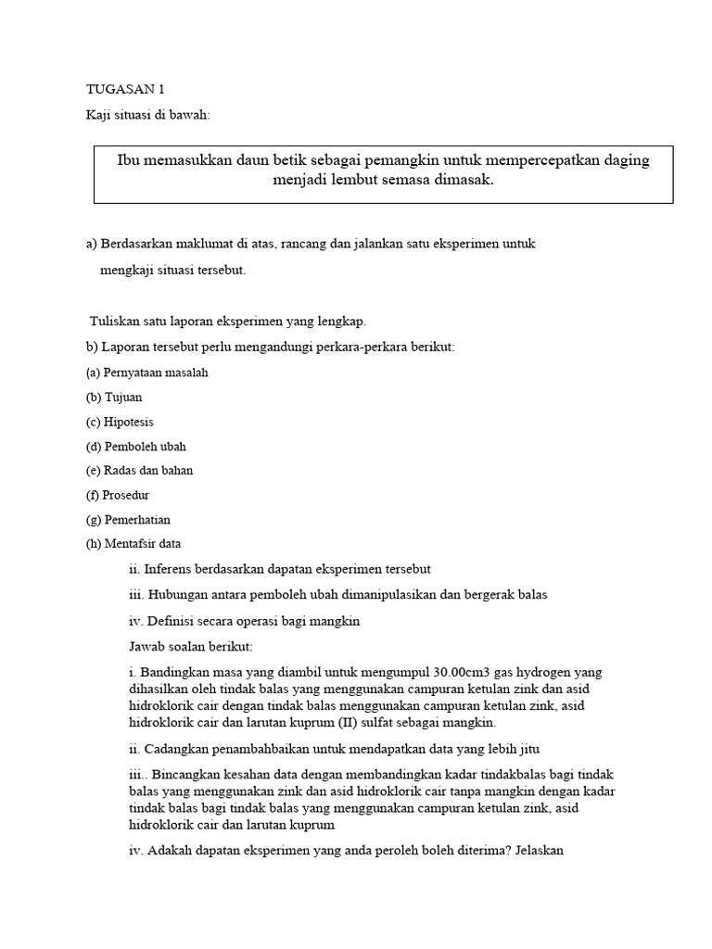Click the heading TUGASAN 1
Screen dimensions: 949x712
coord(124,90)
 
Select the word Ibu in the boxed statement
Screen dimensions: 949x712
coord(129,160)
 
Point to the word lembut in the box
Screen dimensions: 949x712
coord(370,180)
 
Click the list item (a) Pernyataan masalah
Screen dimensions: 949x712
coord(146,373)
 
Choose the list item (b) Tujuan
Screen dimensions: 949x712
coord(114,397)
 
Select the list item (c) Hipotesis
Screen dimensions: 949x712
coord(120,422)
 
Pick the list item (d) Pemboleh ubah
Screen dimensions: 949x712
coord(135,446)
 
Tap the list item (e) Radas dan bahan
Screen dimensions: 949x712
coord(139,470)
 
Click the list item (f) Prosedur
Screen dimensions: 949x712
coord(118,495)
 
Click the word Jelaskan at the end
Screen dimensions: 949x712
coord(537,849)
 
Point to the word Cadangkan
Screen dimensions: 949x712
coord(175,749)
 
